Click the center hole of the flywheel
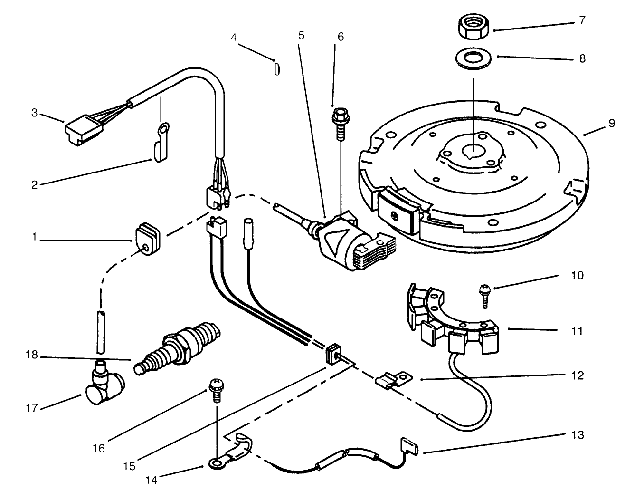472,150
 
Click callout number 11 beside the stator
577,331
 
